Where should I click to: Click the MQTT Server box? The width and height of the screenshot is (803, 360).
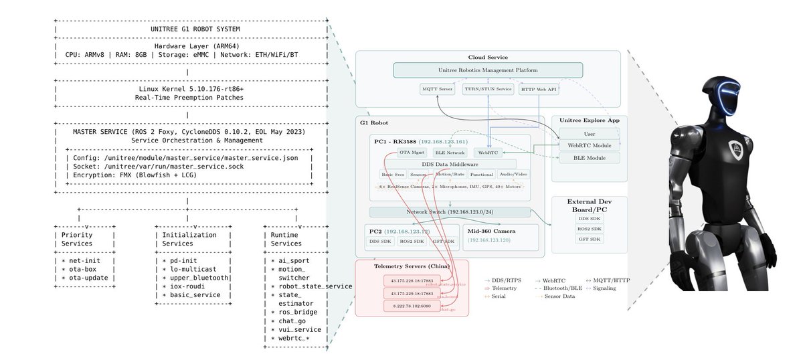[x=437, y=89]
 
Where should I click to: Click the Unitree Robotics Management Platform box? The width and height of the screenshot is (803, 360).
[x=487, y=70]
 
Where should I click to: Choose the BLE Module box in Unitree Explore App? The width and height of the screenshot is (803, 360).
[x=589, y=158]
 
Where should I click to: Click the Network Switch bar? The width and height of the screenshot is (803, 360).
[x=449, y=212]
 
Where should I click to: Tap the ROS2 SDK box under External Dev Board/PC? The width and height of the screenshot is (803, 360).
[x=590, y=229]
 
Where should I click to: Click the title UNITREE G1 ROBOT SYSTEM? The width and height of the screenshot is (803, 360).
[x=190, y=29]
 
